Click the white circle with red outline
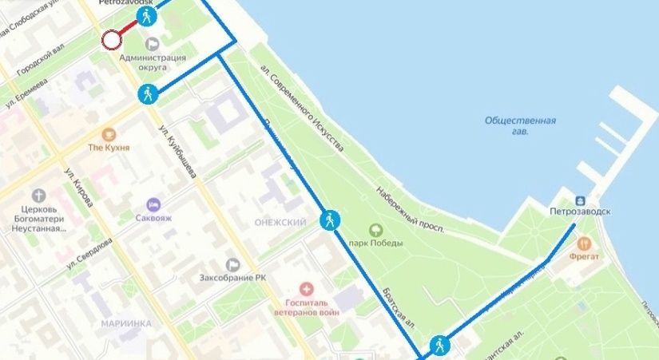pos(110,40)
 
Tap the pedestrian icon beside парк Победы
pos(329,220)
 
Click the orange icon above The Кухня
pos(108,133)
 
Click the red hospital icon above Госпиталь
pos(304,288)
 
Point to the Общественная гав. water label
pos(520,125)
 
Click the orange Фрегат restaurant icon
pos(585,243)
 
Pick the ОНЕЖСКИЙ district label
pos(280,223)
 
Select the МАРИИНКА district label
pos(126,323)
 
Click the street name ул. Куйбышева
pos(178,152)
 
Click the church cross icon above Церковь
pos(39,196)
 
